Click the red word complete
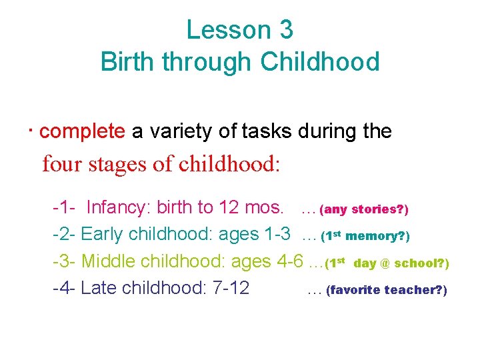pyautogui.click(x=82, y=131)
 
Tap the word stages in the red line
pyautogui.click(x=118, y=164)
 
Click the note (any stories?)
pyautogui.click(x=364, y=210)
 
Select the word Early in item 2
pyautogui.click(x=102, y=235)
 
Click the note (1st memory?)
pyautogui.click(x=365, y=237)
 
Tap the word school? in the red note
pyautogui.click(x=421, y=264)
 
